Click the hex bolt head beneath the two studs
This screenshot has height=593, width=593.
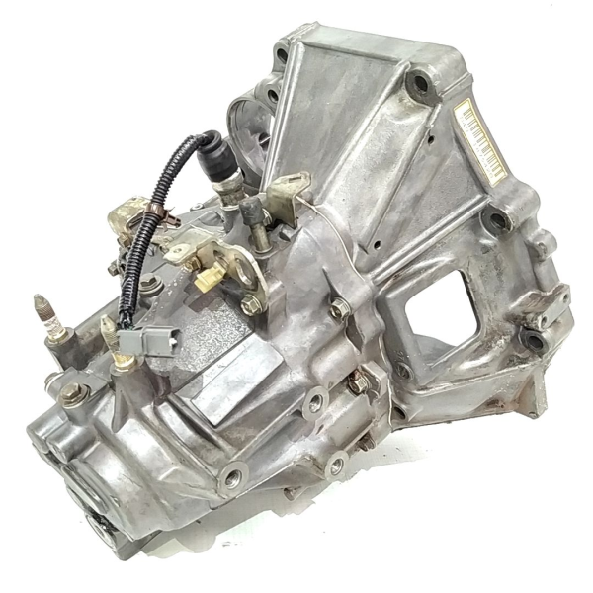[70, 392]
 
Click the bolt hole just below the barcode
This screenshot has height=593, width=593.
[491, 217]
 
